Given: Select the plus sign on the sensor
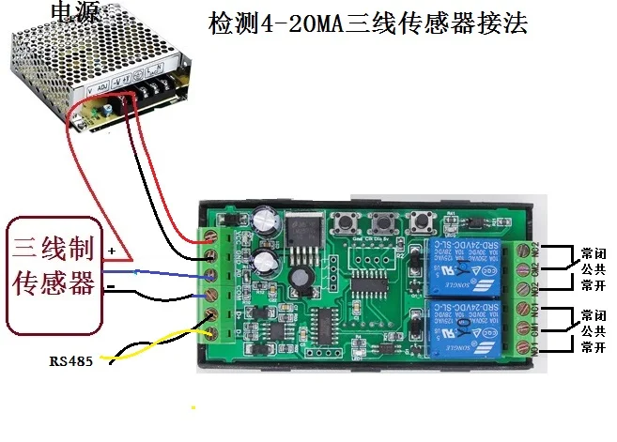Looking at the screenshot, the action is pyautogui.click(x=113, y=251).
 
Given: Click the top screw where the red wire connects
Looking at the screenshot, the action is pyautogui.click(x=212, y=241).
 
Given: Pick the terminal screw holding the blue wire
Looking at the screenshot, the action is pyautogui.click(x=212, y=275).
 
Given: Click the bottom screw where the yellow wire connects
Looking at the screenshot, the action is pyautogui.click(x=212, y=331).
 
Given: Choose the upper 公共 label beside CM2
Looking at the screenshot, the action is pyautogui.click(x=593, y=267).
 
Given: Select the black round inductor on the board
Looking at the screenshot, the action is pyautogui.click(x=301, y=279).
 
